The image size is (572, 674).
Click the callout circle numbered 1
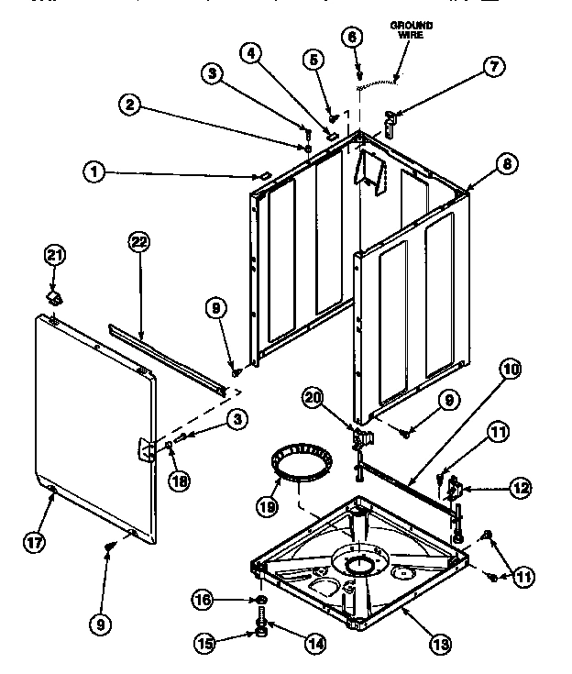click(x=93, y=170)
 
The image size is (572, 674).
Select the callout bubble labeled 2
click(x=133, y=105)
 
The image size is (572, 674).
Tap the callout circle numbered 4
click(x=247, y=53)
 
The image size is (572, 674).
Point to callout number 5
click(x=314, y=60)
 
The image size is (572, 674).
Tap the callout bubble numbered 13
click(x=441, y=645)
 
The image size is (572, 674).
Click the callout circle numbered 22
click(x=138, y=243)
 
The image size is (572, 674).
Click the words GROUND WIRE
click(x=411, y=29)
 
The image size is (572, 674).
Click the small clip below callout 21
click(x=56, y=298)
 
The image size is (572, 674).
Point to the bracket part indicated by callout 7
click(x=390, y=122)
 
